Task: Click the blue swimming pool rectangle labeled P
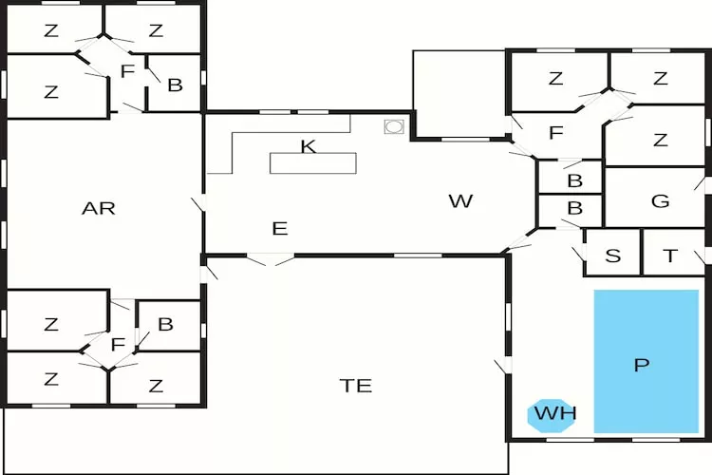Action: (646, 361)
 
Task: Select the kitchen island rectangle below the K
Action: (313, 162)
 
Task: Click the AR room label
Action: (99, 208)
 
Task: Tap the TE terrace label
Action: (356, 386)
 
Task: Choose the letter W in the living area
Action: (460, 200)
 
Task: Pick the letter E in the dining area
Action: (279, 228)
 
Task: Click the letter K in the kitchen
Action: (307, 145)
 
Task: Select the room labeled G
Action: (661, 200)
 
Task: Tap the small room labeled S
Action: (612, 255)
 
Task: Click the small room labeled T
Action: (670, 255)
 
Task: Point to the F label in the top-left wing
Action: (126, 71)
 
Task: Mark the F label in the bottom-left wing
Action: (118, 344)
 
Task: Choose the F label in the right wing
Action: (556, 132)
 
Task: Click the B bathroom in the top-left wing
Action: (175, 84)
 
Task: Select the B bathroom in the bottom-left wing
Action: (165, 324)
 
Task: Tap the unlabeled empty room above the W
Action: (459, 93)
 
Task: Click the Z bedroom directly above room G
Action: (660, 140)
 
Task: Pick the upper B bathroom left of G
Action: (573, 178)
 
